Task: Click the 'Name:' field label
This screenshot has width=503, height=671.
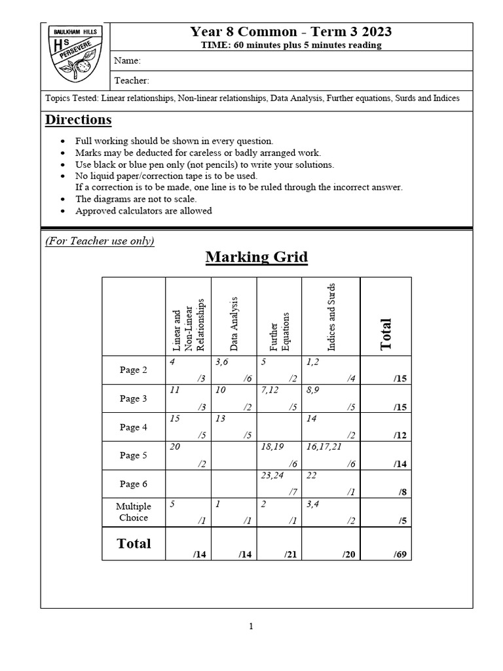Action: (128, 61)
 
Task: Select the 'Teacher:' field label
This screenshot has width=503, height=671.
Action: (132, 81)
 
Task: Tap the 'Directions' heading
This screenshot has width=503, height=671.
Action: (78, 120)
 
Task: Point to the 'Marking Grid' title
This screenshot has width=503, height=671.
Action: (256, 256)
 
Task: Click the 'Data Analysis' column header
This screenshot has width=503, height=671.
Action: (234, 322)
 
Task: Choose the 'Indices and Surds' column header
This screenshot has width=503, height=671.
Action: (331, 316)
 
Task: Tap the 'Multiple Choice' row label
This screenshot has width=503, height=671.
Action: (134, 512)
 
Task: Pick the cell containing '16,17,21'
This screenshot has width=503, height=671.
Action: (331, 455)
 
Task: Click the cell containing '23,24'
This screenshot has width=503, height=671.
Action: (279, 484)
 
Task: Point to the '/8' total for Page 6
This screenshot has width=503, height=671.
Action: (386, 484)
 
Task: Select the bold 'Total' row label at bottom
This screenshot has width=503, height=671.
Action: (134, 543)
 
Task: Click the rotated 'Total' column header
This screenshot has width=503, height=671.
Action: (386, 334)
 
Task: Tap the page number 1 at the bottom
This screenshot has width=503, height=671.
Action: (251, 626)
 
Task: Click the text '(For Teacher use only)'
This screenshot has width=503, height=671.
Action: (100, 240)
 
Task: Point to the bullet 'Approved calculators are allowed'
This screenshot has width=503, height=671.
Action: (143, 210)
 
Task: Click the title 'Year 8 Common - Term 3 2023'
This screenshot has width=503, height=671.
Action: (291, 32)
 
